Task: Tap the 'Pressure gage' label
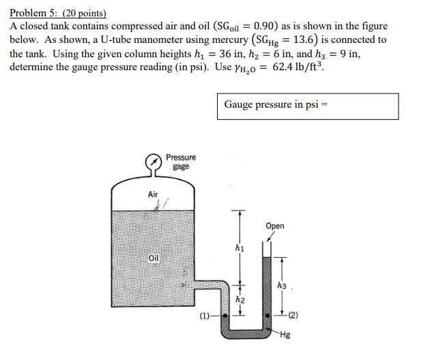[x=180, y=162]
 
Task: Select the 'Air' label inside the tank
[x=154, y=194]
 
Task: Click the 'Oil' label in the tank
[x=154, y=258]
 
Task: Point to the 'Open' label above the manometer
[x=276, y=226]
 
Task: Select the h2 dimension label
[x=240, y=299]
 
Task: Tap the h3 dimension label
[x=282, y=286]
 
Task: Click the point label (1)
[x=205, y=316]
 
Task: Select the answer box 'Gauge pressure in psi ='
[x=309, y=106]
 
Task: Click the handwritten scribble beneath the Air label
[x=161, y=205]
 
